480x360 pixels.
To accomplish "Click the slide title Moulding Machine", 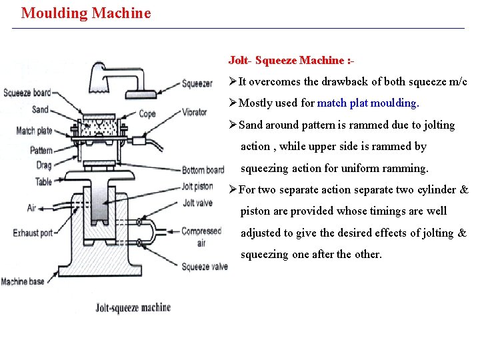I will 86,13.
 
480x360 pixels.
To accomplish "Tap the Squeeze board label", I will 27,93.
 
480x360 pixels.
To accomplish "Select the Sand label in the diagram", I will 40,109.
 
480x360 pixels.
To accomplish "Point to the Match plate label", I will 34,130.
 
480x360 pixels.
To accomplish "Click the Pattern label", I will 41,151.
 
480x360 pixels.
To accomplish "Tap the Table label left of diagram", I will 43,181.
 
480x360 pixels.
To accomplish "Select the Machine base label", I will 23,281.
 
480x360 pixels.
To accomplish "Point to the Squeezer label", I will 197,84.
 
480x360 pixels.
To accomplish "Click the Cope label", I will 147,114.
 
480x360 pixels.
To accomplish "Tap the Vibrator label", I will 195,112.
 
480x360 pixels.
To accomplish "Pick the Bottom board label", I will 203,170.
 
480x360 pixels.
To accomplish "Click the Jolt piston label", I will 197,187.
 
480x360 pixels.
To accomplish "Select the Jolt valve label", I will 197,203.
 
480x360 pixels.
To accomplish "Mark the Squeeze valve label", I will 205,267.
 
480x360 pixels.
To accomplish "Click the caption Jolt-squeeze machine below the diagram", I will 133,307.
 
